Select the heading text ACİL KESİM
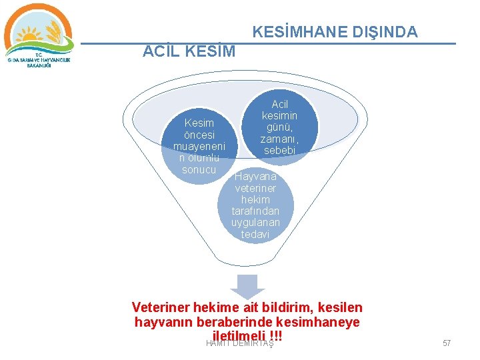coord(189,51)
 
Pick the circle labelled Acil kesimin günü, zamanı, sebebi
coord(280,127)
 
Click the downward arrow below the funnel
coord(247,287)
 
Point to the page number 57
coord(447,343)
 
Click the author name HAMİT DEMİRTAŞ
coord(240,343)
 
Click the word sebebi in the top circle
coord(280,151)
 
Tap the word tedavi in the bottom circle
coord(255,235)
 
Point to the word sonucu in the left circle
coord(199,170)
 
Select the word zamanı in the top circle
coord(280,139)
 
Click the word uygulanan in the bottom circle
coord(255,223)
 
